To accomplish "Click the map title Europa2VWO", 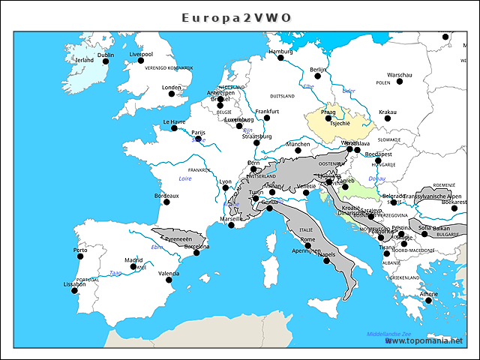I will [x=237, y=17].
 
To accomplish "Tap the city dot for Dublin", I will [x=106, y=61].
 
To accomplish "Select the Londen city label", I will [x=172, y=87].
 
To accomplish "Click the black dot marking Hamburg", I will [x=280, y=58].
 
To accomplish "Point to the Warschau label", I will [x=399, y=75].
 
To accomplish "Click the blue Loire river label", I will [x=184, y=179].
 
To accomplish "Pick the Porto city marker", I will [x=80, y=256].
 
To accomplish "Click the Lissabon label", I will [x=74, y=284].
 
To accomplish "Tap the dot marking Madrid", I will [x=133, y=266].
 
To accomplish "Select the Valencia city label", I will [x=169, y=274].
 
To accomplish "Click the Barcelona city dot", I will [x=196, y=253].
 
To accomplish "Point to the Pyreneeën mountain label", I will [x=178, y=238].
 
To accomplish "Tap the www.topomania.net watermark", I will [x=430, y=340].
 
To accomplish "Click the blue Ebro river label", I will [x=157, y=247].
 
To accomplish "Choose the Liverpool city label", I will [x=141, y=54].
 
